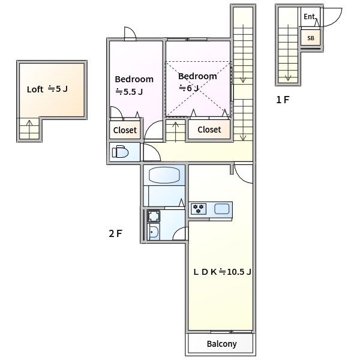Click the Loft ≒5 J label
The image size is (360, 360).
[47, 89]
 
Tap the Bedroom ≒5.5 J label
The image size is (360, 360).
[134, 85]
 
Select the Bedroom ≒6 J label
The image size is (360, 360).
[197, 82]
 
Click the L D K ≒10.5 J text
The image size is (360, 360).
[222, 272]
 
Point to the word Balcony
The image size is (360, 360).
[221, 344]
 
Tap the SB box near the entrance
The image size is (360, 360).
[310, 38]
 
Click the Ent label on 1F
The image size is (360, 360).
[309, 17]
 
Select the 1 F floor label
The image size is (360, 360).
[283, 100]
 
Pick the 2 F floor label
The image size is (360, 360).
[115, 234]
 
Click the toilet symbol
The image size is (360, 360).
[120, 152]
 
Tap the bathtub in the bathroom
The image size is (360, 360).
[164, 175]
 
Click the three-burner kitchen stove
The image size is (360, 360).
[199, 209]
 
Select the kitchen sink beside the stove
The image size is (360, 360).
[222, 209]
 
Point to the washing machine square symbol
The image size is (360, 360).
[154, 216]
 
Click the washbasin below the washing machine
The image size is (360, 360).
[154, 232]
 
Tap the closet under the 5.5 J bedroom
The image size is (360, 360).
[125, 130]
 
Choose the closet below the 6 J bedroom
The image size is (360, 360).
[209, 130]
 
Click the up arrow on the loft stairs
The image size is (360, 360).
[29, 129]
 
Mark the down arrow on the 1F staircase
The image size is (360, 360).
[288, 53]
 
